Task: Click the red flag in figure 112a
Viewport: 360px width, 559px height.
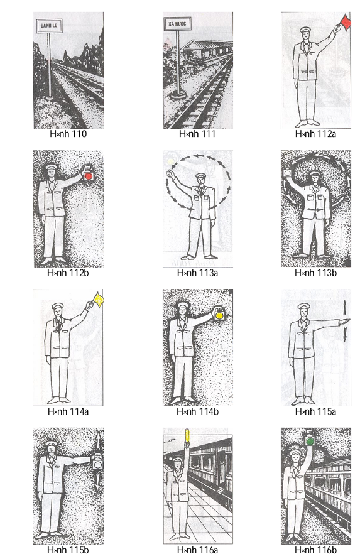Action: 344,23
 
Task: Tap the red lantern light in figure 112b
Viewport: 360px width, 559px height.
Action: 89,177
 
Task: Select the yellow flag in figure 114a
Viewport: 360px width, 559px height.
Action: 98,300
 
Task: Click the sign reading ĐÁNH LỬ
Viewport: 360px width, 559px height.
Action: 47,26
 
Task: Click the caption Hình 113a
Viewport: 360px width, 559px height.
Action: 197,273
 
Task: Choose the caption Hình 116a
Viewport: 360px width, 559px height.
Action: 197,551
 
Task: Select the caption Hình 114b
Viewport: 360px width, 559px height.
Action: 197,411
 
